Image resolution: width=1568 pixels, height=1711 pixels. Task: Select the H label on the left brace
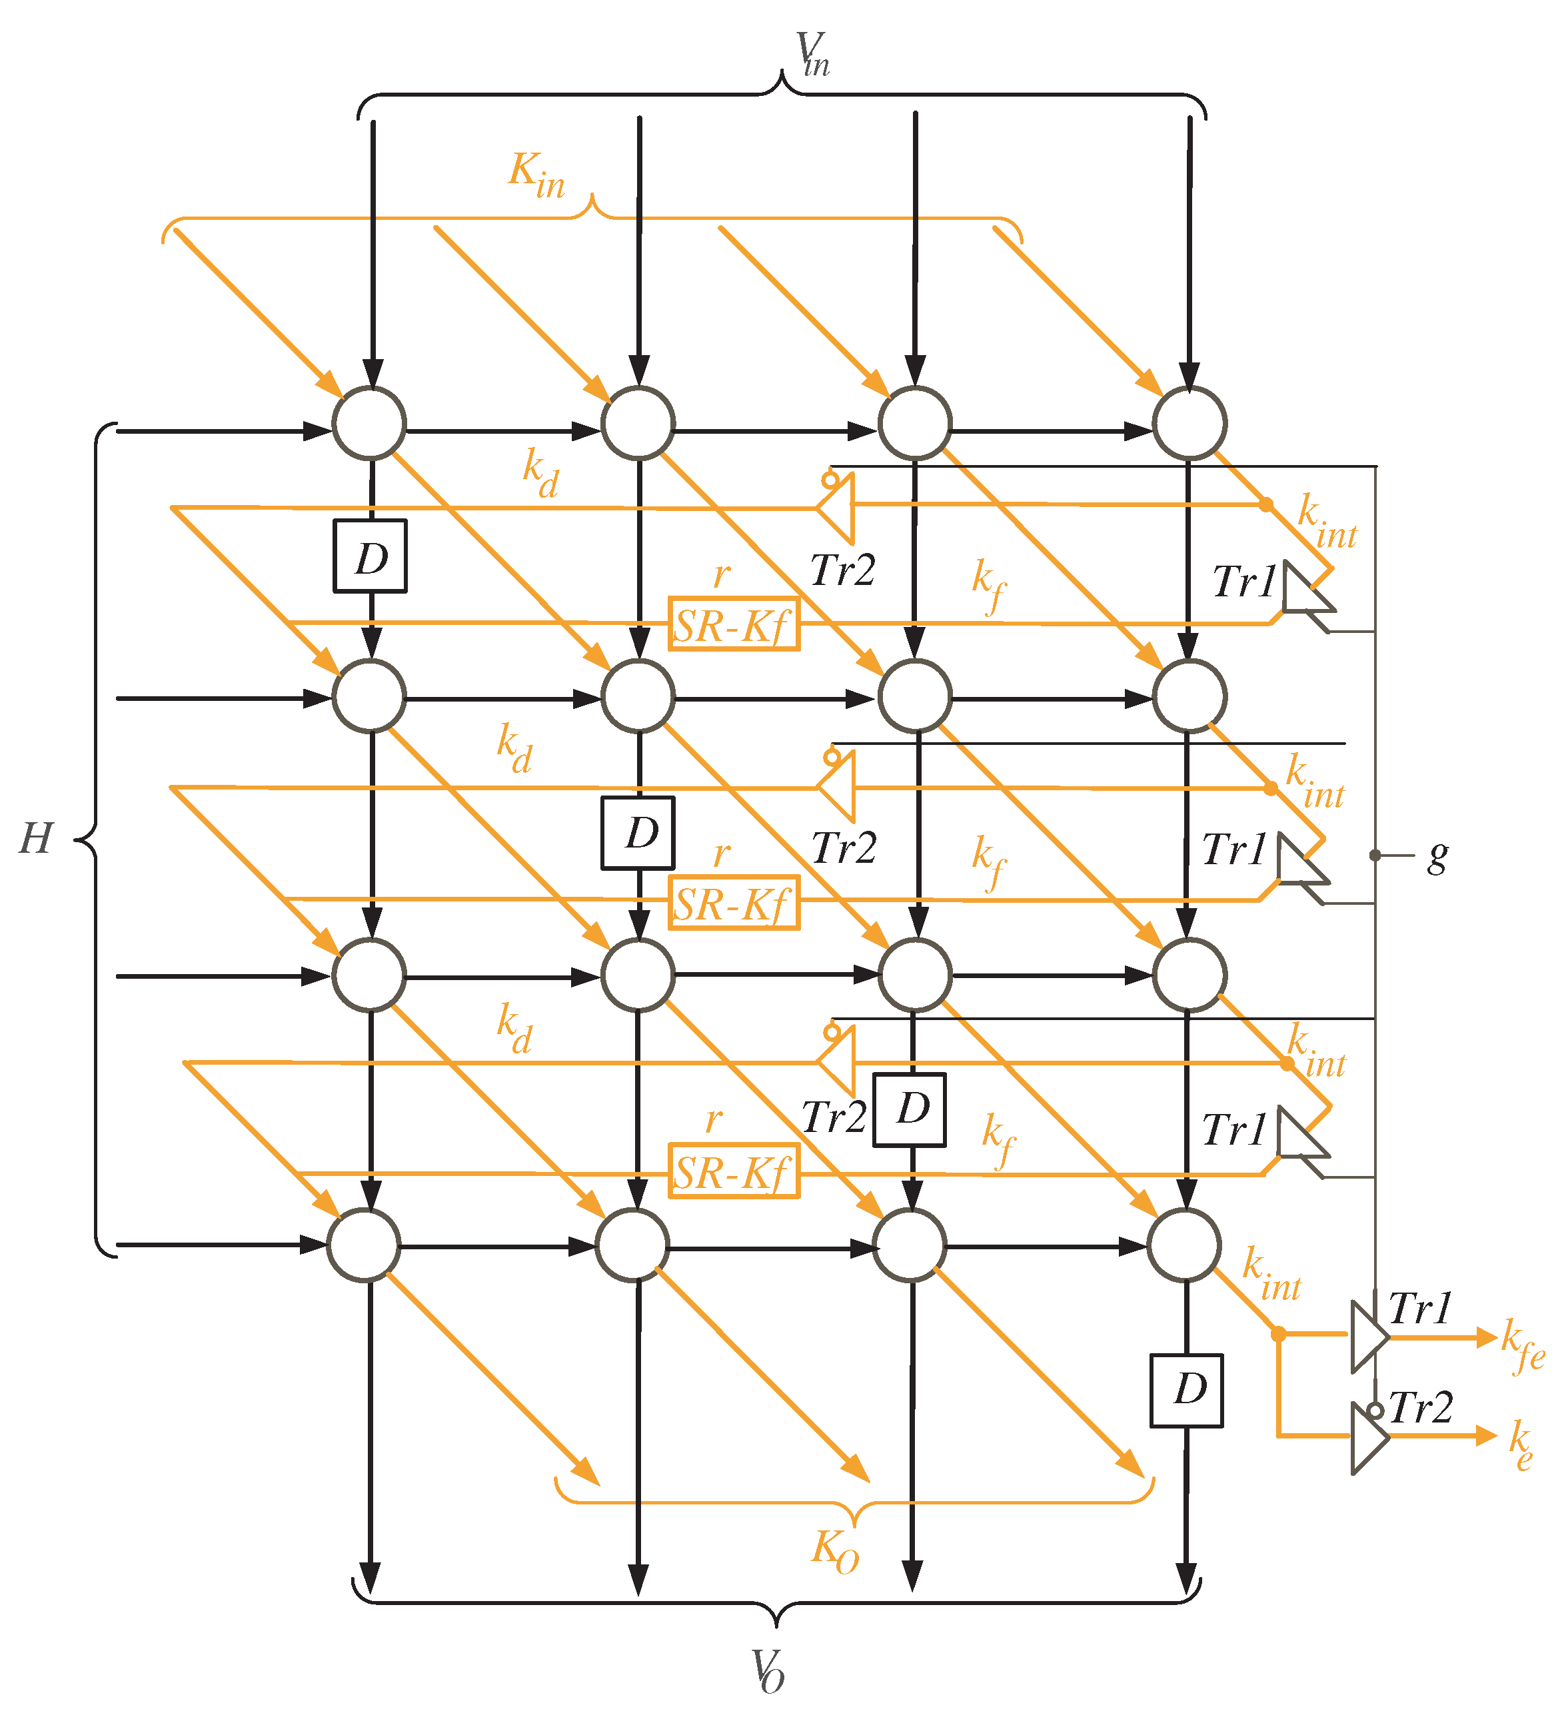[x=37, y=840]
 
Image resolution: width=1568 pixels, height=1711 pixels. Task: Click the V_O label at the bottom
[x=768, y=1671]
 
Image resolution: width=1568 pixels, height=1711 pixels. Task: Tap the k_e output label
[x=1521, y=1442]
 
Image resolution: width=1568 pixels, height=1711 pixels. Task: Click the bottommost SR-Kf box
[x=734, y=1172]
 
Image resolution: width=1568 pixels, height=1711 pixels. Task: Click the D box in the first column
[x=370, y=556]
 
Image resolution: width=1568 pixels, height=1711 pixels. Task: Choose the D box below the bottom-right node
[x=1187, y=1390]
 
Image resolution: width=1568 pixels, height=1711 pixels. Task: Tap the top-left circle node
[x=369, y=422]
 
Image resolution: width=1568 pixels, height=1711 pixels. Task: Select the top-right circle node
[x=1189, y=422]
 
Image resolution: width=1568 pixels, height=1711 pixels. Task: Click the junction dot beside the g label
[x=1375, y=855]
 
